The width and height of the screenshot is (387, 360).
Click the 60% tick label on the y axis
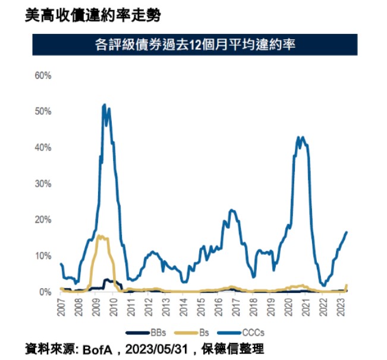(x=43, y=75)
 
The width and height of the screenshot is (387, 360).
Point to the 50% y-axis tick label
(x=43, y=112)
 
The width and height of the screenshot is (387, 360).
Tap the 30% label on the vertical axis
(x=43, y=184)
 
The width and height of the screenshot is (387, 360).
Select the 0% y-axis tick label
(x=45, y=292)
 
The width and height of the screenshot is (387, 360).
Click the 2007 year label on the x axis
(x=61, y=307)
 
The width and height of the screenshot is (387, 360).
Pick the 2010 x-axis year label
(x=114, y=307)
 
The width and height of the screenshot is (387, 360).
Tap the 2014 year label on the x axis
(x=184, y=307)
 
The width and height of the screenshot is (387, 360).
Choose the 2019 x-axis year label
(x=271, y=307)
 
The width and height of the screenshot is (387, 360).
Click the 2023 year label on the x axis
(x=341, y=307)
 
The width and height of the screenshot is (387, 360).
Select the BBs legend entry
(x=146, y=333)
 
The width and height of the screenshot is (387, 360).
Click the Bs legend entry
(x=192, y=333)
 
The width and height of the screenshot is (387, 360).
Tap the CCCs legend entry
(x=241, y=333)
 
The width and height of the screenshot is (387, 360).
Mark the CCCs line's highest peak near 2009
(x=104, y=105)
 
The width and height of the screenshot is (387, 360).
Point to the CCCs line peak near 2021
(x=303, y=137)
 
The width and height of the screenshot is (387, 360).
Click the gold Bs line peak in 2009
(x=99, y=236)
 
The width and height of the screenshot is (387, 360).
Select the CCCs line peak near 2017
(x=231, y=210)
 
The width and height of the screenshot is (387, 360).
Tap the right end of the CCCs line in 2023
(x=346, y=232)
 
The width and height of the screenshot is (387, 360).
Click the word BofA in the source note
(x=97, y=349)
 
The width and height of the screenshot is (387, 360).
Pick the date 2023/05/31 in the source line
(x=156, y=349)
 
